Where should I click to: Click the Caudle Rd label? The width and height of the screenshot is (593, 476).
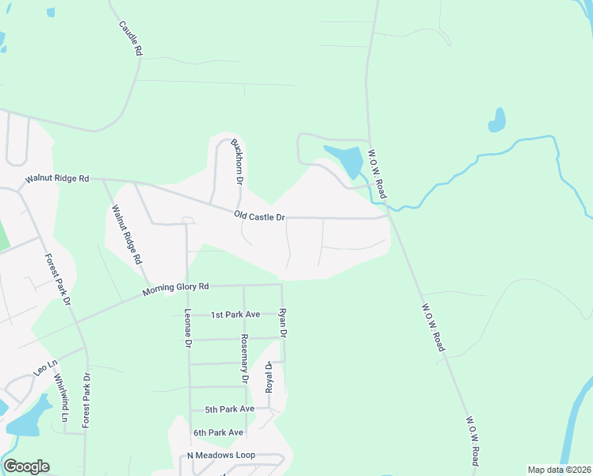130,38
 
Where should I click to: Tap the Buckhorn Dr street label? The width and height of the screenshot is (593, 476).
236,162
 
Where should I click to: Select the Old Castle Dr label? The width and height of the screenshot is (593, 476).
259,216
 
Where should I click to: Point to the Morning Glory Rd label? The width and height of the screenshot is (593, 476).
175,290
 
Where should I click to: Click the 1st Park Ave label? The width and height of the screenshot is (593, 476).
235,315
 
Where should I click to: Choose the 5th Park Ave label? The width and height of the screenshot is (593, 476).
229,409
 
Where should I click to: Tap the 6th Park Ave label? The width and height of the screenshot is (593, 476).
218,432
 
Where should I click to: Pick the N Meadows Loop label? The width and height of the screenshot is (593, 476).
220,455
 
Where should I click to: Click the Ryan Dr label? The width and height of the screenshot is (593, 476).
282,324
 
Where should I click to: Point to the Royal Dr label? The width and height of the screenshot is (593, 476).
269,377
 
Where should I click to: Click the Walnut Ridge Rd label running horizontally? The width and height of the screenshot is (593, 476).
57,178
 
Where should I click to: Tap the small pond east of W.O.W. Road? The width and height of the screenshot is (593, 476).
497,120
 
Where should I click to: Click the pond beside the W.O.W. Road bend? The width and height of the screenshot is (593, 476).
346,161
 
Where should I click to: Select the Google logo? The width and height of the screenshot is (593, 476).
26,466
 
